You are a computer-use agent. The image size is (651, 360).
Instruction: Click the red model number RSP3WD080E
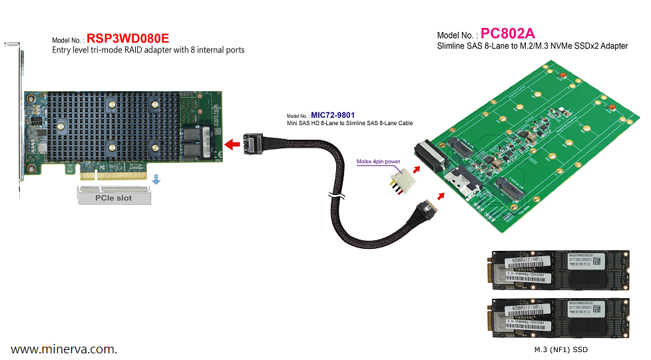(126, 39)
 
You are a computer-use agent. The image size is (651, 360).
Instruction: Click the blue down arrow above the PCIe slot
(156, 179)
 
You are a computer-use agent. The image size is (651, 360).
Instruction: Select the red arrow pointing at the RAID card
(232, 144)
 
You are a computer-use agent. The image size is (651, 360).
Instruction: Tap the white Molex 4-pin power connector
(399, 180)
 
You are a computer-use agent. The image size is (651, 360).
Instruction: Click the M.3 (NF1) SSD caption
(560, 349)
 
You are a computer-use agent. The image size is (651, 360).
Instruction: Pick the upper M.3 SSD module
(559, 271)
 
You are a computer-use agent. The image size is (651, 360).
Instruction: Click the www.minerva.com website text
(64, 349)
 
